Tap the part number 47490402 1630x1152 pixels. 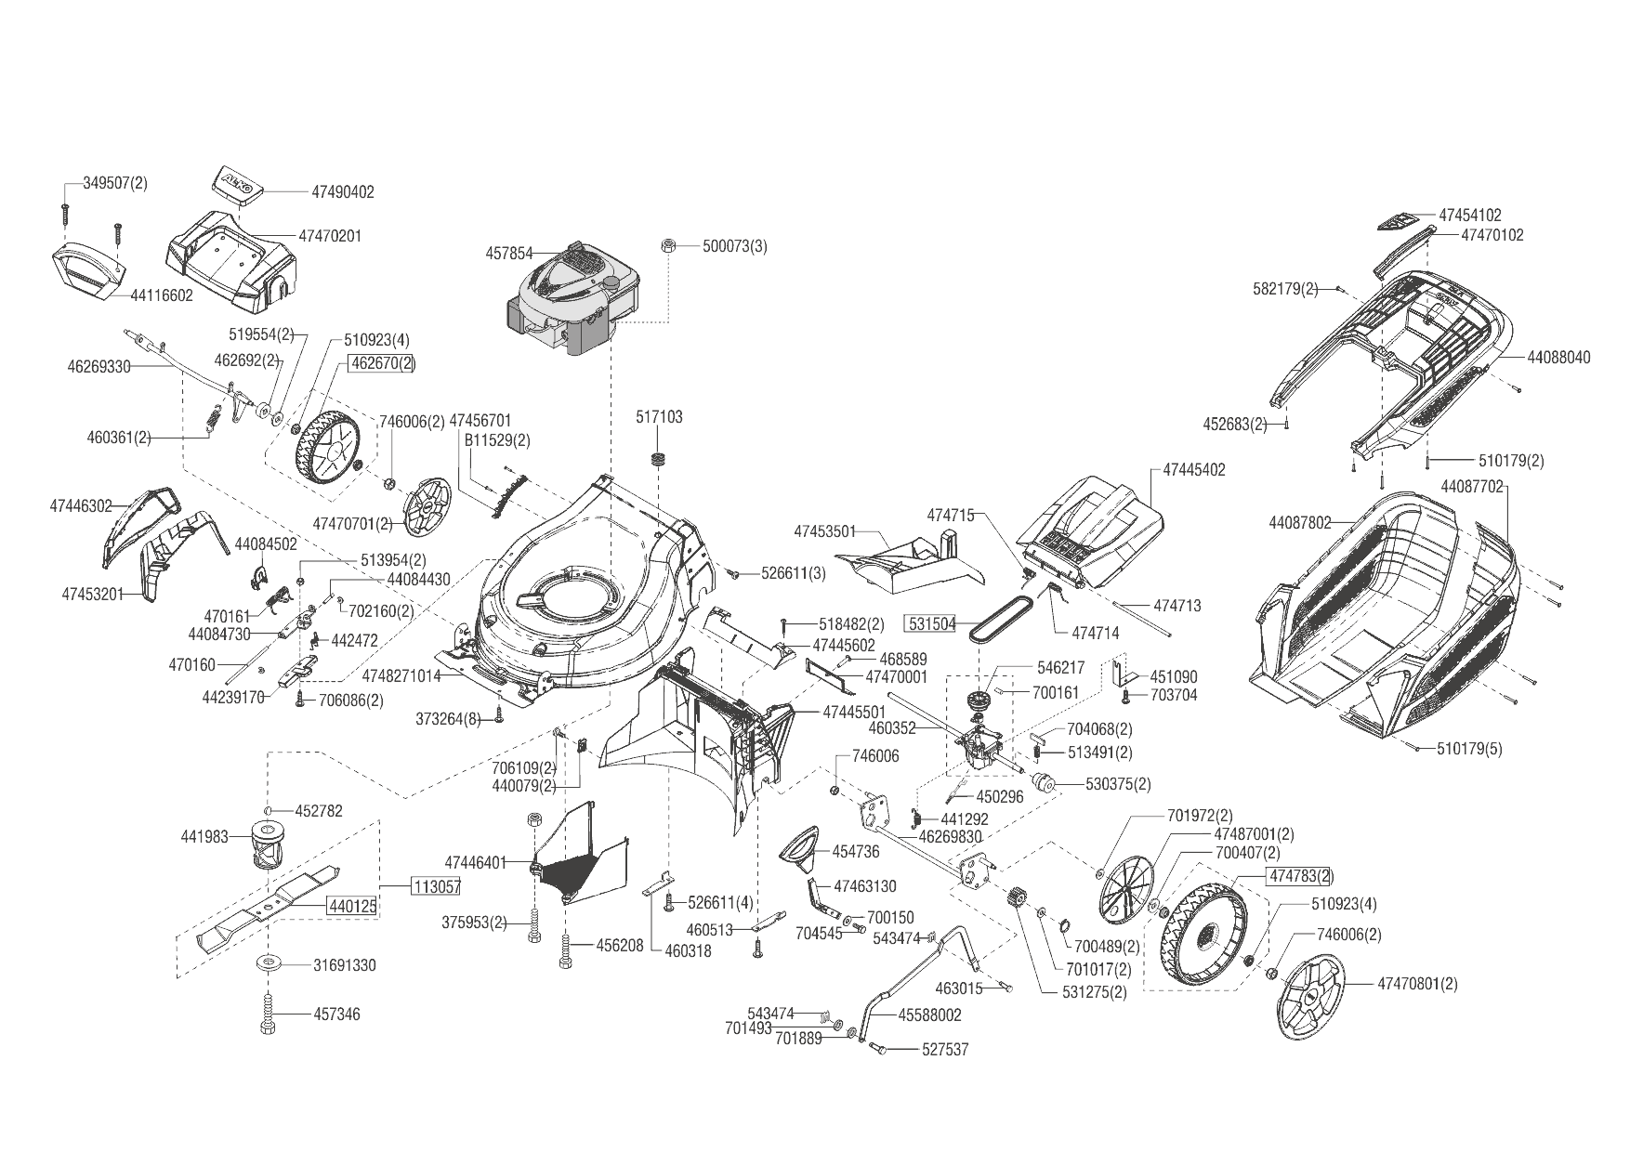343,192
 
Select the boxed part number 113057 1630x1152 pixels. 436,886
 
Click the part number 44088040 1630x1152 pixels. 1558,358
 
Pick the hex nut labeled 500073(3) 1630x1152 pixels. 666,245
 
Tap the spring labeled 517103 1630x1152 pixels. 661,459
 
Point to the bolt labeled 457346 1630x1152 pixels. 268,1014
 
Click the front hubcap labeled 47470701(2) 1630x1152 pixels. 428,506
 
